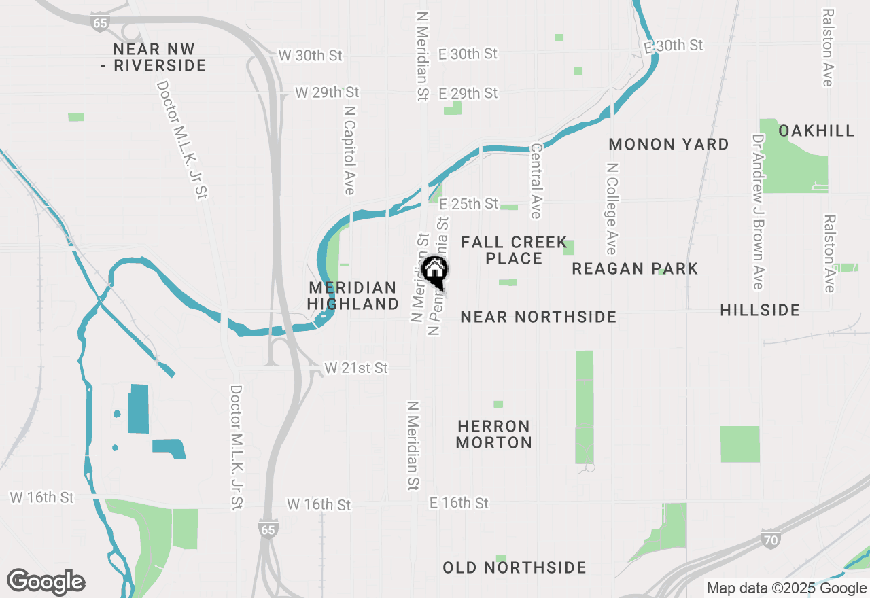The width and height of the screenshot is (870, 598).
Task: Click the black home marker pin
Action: pyautogui.click(x=435, y=271)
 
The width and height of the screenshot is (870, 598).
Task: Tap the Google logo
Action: pyautogui.click(x=46, y=582)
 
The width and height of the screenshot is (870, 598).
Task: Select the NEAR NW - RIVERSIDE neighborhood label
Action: pyautogui.click(x=160, y=58)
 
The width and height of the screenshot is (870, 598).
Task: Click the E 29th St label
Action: pyautogui.click(x=468, y=93)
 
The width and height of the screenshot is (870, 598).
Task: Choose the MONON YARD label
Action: pyautogui.click(x=669, y=144)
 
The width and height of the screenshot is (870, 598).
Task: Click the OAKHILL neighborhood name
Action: pyautogui.click(x=816, y=130)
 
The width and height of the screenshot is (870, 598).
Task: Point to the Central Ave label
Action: pyautogui.click(x=536, y=181)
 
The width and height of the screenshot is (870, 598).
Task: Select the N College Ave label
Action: pyautogui.click(x=612, y=207)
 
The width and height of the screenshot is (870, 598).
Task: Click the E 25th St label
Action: pyautogui.click(x=469, y=204)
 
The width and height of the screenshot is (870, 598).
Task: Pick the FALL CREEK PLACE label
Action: pyautogui.click(x=514, y=250)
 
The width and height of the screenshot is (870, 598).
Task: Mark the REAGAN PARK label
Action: pyautogui.click(x=635, y=268)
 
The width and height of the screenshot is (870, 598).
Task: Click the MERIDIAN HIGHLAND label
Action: pyautogui.click(x=353, y=296)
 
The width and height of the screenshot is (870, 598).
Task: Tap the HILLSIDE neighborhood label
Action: pyautogui.click(x=760, y=311)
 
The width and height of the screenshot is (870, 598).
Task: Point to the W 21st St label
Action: pyautogui.click(x=356, y=368)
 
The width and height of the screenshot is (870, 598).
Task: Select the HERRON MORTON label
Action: pyautogui.click(x=494, y=434)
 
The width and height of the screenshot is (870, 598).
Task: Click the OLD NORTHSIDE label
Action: pyautogui.click(x=515, y=567)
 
